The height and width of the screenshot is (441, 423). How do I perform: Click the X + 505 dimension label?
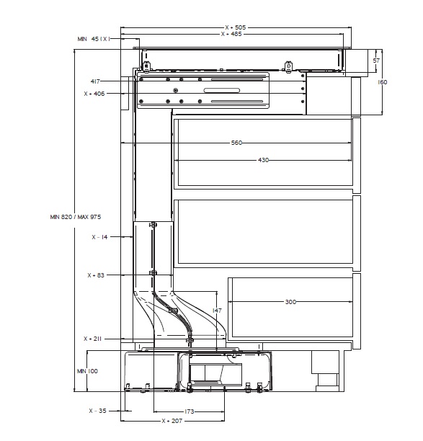pyautogui.click(x=236, y=27)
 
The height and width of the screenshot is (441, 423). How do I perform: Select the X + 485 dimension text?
pyautogui.click(x=231, y=34)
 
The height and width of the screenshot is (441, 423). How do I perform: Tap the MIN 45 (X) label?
pyautogui.click(x=94, y=39)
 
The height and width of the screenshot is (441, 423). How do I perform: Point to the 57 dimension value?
pyautogui.click(x=376, y=61)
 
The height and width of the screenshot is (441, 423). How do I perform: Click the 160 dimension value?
pyautogui.click(x=382, y=82)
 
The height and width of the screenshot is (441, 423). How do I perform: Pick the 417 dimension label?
pyautogui.click(x=95, y=81)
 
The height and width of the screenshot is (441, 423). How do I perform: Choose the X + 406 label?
pyautogui.click(x=94, y=94)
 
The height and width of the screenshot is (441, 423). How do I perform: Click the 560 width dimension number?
pyautogui.click(x=236, y=143)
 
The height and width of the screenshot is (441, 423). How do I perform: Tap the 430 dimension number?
pyautogui.click(x=263, y=160)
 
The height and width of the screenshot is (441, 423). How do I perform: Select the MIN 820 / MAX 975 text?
pyautogui.click(x=76, y=217)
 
